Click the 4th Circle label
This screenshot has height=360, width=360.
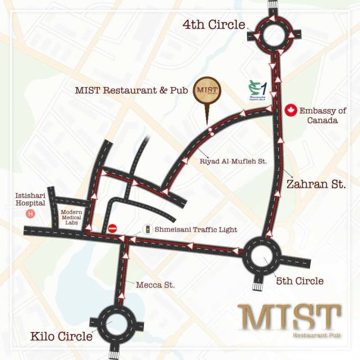[214, 25]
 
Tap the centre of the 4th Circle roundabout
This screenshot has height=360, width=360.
[273, 36]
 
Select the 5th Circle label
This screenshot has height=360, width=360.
[299, 280]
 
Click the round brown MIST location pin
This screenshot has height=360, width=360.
[207, 91]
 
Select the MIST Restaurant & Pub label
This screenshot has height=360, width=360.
[131, 90]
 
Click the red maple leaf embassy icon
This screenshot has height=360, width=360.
[290, 111]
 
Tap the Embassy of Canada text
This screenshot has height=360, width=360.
[322, 116]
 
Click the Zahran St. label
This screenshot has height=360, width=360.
[316, 184]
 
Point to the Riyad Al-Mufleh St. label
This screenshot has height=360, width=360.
[233, 162]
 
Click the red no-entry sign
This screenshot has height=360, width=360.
[113, 229]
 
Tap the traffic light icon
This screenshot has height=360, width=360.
[148, 230]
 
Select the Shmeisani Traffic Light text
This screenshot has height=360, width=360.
[196, 230]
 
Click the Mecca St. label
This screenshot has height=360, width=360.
[155, 285]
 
